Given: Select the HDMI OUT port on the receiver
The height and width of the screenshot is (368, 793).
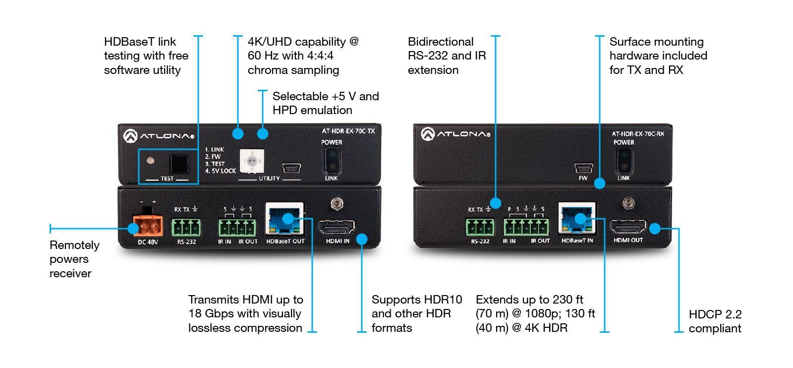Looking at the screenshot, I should point(628,227).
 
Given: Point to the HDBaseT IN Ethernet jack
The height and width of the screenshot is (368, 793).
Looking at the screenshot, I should point(577,219).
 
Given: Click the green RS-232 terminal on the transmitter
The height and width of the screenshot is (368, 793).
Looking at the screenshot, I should point(186,228).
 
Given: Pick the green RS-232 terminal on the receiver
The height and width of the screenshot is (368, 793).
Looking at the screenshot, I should point(479,228).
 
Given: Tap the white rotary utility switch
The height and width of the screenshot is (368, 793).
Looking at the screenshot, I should point(252,161).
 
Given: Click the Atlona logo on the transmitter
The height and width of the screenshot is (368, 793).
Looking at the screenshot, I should point(159,135).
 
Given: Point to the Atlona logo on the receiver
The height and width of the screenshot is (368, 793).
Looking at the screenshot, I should point(455,134).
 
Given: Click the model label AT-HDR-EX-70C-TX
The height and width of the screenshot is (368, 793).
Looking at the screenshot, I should point(348,131).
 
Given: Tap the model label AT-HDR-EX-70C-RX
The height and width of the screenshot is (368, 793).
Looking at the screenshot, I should point(637,134).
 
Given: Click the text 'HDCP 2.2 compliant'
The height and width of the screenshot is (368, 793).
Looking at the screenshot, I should point(715,321).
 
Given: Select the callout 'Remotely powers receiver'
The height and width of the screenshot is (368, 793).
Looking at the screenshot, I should point(74,259).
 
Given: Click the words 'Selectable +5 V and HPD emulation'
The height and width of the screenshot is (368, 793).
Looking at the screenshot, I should point(325,103).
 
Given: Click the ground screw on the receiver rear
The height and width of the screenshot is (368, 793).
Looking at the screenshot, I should point(629,203).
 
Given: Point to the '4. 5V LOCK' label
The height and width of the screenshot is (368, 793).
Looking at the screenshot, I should point(221,171).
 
